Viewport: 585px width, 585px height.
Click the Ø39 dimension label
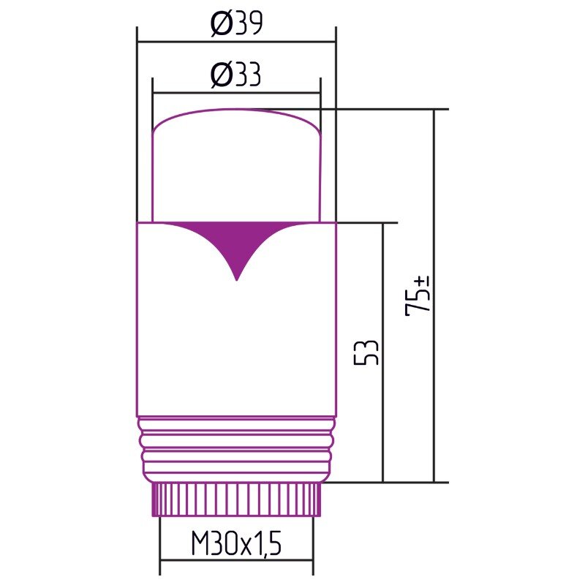coord(236,23)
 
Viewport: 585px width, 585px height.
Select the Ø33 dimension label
coord(235,75)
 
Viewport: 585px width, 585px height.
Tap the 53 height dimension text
coord(366,352)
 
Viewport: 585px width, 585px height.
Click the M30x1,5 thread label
coord(235,543)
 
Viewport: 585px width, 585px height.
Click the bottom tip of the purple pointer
coord(236,280)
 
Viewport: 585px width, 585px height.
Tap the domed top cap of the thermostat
coord(236,166)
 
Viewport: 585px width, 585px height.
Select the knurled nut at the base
coord(236,499)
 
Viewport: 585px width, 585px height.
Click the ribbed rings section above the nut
coord(236,449)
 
